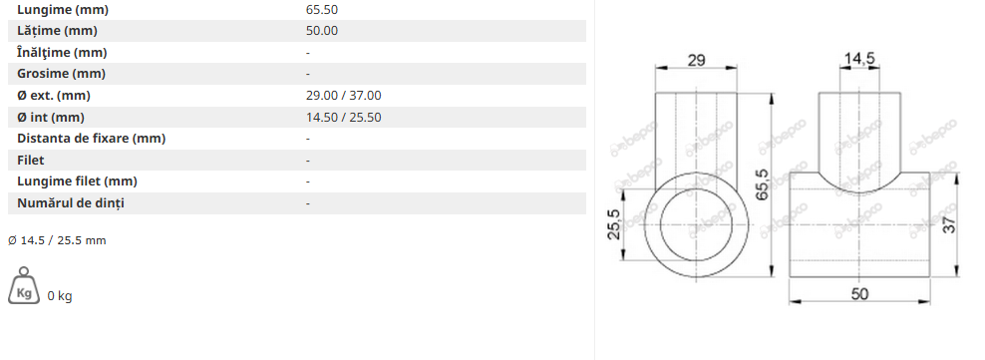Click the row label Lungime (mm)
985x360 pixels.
pos(63,10)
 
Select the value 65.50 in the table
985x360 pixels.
pos(322,10)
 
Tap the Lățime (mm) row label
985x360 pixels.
pos(57,31)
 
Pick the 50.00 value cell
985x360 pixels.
pos(322,31)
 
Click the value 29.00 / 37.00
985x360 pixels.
pos(344,96)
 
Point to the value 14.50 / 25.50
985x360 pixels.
pos(344,118)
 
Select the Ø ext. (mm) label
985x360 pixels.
pos(54,96)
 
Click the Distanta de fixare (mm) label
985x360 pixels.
pos(91,139)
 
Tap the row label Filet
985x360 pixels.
pos(31,161)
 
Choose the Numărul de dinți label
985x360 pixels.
pos(71,203)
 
